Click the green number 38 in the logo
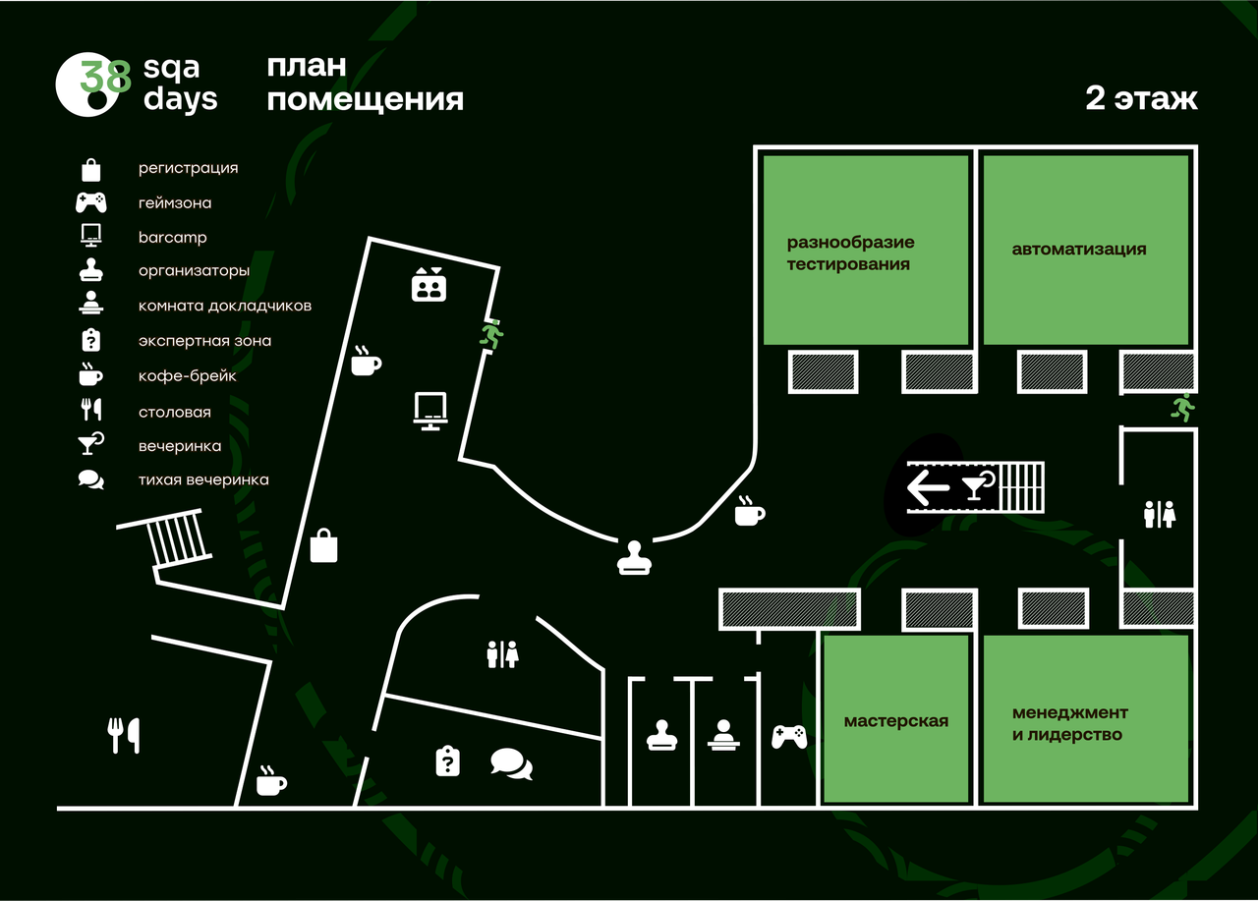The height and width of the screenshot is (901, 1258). click(105, 76)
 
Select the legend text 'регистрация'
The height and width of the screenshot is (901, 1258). click(188, 168)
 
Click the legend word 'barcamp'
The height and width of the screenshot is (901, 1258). click(172, 238)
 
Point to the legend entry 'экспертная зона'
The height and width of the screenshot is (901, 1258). click(204, 341)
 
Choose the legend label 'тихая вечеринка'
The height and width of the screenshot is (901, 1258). click(203, 479)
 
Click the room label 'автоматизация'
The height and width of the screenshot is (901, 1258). click(1079, 249)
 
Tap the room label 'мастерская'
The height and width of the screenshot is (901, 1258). click(895, 721)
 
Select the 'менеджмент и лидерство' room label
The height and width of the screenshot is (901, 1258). click(1070, 723)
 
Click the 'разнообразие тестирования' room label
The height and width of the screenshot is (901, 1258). click(850, 253)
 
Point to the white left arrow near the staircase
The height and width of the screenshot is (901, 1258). click(928, 487)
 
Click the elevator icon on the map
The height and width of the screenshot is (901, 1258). click(429, 285)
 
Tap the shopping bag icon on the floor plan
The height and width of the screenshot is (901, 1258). click(324, 545)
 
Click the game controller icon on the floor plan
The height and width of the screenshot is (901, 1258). click(789, 736)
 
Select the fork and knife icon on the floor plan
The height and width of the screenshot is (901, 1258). click(124, 735)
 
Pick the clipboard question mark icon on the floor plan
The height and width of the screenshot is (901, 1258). click(447, 760)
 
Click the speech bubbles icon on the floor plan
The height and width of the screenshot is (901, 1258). click(511, 763)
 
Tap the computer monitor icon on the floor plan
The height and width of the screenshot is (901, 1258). click(430, 411)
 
